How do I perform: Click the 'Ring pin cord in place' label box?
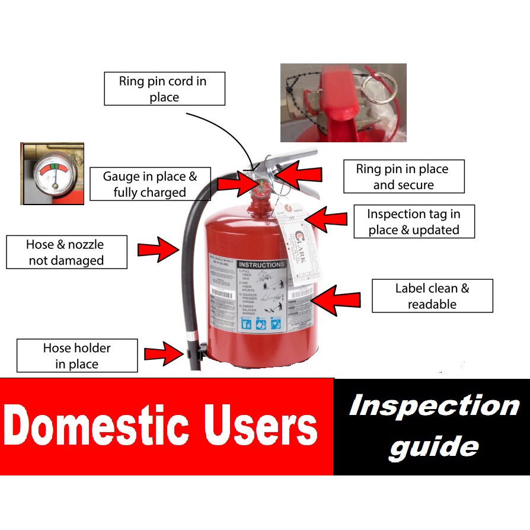click(x=164, y=89)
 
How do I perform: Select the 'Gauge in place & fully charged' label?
click(x=149, y=184)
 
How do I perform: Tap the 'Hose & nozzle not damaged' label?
click(x=66, y=252)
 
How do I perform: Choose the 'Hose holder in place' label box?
click(x=77, y=356)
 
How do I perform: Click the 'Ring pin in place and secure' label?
click(x=403, y=177)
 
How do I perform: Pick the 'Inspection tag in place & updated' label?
click(x=414, y=222)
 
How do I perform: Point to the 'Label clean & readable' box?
click(x=432, y=296)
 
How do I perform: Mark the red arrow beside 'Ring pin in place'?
click(x=299, y=174)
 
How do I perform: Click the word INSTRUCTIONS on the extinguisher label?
click(x=261, y=264)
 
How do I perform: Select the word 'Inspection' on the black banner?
click(x=434, y=407)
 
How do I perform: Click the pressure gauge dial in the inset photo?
click(x=53, y=173)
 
